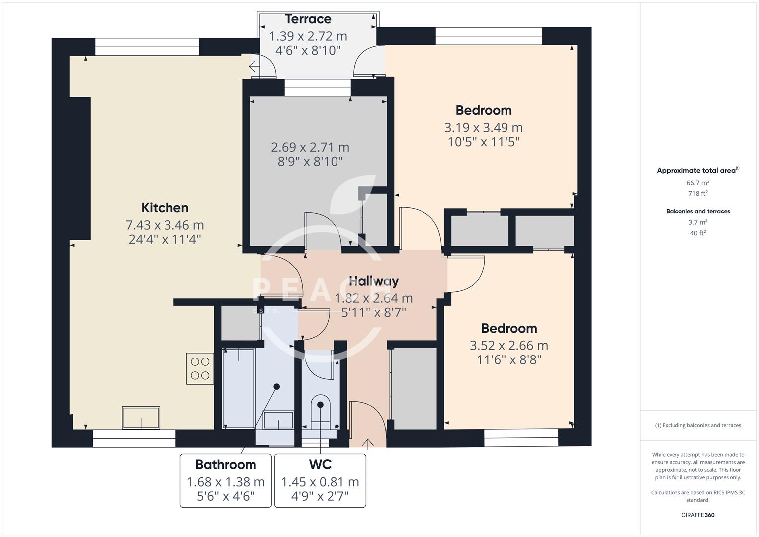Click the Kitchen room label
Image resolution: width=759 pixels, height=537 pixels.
point(165,208)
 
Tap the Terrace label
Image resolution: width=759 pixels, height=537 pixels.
point(308,19)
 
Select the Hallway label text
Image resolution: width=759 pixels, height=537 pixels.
point(373,281)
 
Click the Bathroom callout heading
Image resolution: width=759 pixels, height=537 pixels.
point(226,465)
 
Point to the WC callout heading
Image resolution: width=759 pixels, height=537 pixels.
point(320,465)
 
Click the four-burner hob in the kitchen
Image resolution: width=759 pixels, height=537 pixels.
point(200,368)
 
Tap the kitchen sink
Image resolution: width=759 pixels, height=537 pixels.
point(141,418)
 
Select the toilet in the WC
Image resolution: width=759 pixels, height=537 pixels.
point(320,412)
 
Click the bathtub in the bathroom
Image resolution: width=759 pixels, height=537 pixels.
point(239,388)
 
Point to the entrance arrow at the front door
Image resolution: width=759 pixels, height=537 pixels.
point(368,444)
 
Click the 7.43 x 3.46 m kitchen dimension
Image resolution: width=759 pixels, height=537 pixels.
point(165,225)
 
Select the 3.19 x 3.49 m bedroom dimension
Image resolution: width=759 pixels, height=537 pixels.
point(483,128)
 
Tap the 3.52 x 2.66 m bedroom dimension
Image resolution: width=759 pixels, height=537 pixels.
point(508,346)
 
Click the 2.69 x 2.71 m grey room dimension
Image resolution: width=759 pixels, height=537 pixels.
point(310,148)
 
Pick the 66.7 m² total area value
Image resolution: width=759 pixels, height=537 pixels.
point(698,183)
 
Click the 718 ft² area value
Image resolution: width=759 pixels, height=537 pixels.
point(698,194)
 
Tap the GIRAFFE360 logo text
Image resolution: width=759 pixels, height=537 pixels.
point(698,515)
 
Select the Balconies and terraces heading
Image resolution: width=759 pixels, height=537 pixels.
point(698,211)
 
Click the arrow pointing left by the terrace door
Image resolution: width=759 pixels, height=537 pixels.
point(253,66)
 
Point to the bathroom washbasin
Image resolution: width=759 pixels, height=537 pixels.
point(278,420)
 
